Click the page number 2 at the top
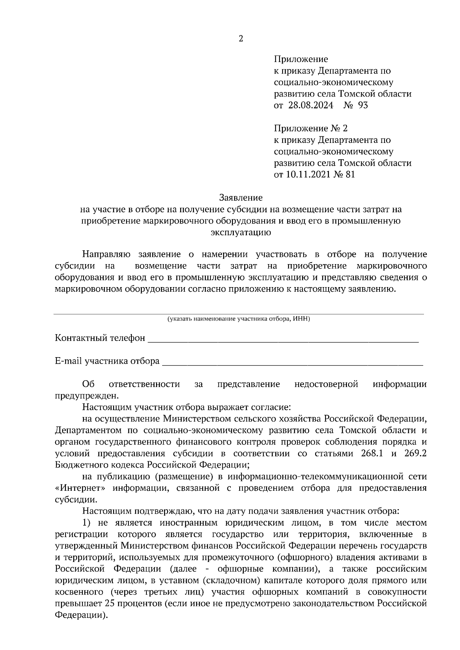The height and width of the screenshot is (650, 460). pos(241,39)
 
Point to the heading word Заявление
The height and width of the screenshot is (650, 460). pos(241,198)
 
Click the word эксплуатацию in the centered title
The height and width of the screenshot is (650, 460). pos(241,232)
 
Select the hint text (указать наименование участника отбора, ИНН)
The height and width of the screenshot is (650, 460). pos(238,318)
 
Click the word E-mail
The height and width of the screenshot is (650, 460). pos(69,361)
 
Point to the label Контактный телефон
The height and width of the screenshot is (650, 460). pos(100,338)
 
